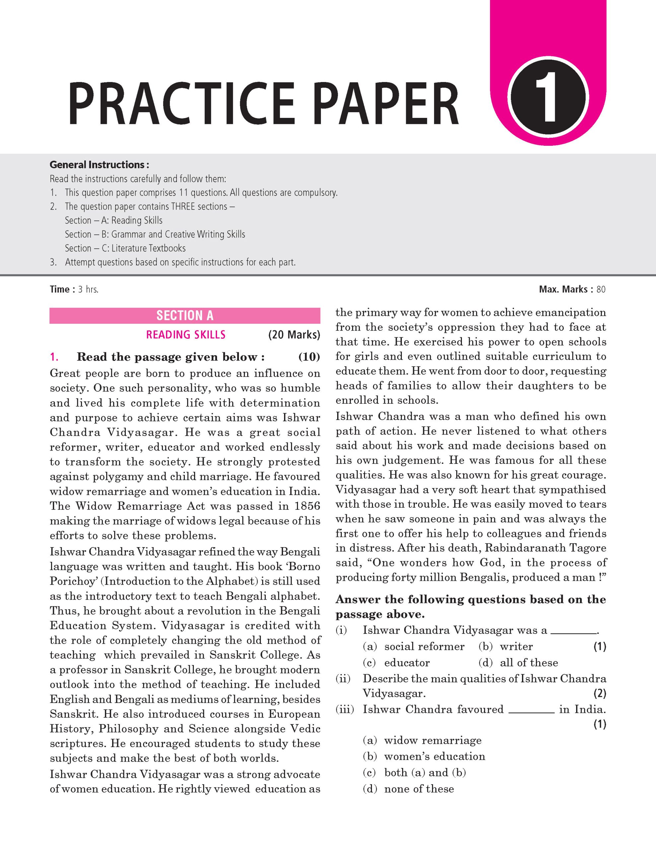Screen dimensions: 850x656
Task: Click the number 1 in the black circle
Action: coord(548,97)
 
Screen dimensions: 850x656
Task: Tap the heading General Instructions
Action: coord(99,165)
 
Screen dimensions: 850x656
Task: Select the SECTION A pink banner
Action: coord(185,316)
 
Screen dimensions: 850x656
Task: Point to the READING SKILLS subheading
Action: coord(185,335)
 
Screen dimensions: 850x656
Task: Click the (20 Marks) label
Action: coord(294,335)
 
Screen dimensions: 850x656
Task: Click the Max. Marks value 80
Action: coord(601,289)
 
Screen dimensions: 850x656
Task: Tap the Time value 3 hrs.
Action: coord(88,289)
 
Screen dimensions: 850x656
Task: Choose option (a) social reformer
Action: coord(414,646)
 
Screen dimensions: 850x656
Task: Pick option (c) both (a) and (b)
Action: coord(414,773)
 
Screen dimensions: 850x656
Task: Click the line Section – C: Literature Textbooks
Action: coord(125,248)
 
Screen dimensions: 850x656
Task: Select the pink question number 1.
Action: coord(54,357)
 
